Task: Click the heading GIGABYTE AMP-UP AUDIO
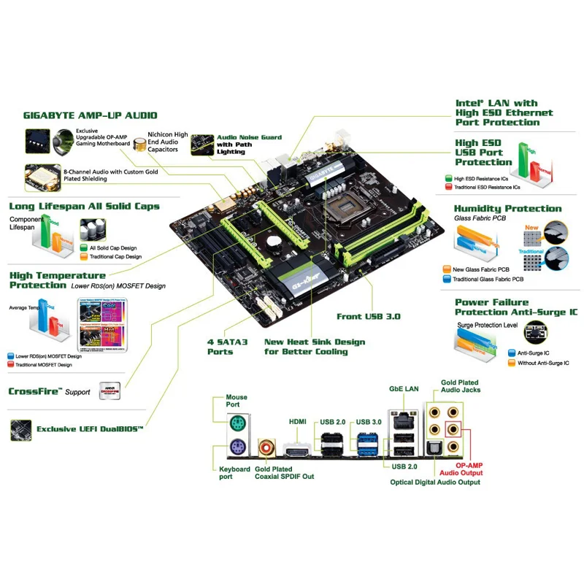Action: point(91,115)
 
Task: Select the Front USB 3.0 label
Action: point(369,317)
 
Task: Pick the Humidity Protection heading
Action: point(508,209)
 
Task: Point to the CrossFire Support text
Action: point(50,391)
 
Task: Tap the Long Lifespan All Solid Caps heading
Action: point(84,207)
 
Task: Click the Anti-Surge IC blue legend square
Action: point(512,353)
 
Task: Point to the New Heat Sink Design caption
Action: point(315,346)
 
